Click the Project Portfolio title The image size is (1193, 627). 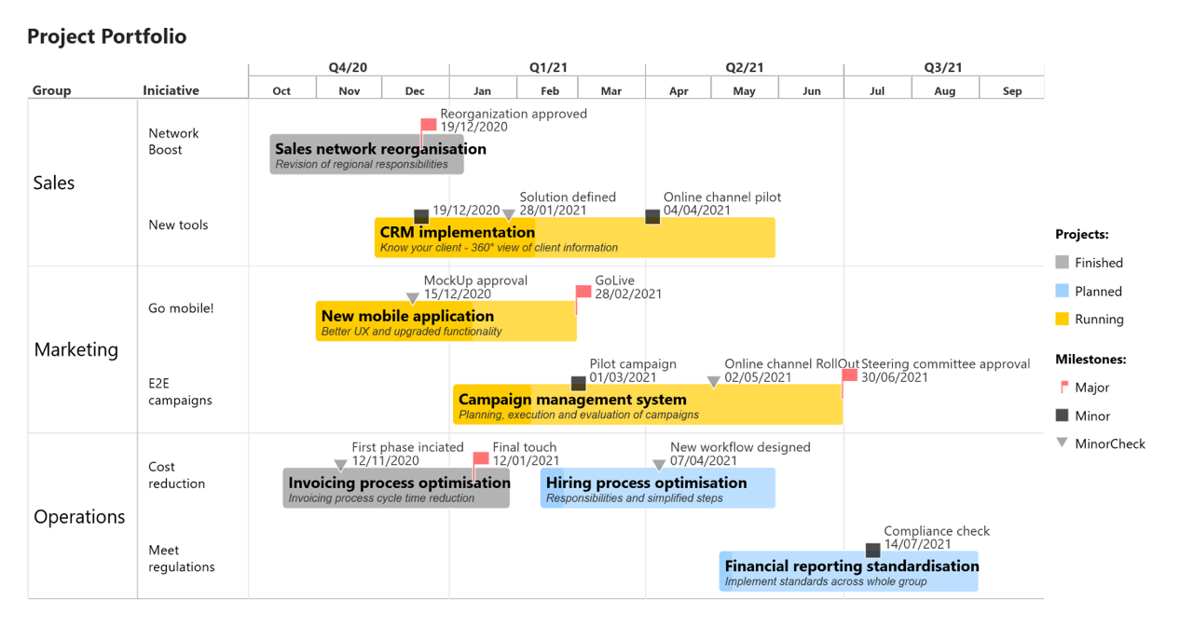click(x=106, y=36)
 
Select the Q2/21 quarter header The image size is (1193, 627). click(x=744, y=67)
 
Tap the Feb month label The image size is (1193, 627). click(x=550, y=90)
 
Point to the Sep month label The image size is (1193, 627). click(x=1012, y=90)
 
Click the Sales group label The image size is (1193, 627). click(x=54, y=183)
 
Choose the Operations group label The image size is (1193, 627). click(x=79, y=517)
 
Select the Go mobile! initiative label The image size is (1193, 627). click(x=181, y=308)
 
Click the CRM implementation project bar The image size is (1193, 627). click(x=575, y=238)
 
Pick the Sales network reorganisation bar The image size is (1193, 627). click(x=366, y=155)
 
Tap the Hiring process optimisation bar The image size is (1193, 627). click(x=658, y=488)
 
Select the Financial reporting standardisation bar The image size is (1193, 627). click(x=849, y=571)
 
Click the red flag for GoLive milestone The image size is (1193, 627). click(x=583, y=293)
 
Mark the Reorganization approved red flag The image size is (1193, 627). click(x=428, y=126)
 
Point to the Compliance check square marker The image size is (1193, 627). click(x=872, y=551)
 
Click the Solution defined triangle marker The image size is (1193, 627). click(x=508, y=216)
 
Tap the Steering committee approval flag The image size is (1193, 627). click(x=849, y=376)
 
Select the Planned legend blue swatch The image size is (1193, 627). click(x=1062, y=291)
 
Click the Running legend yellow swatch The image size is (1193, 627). click(x=1062, y=319)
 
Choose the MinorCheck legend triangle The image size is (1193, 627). click(x=1062, y=443)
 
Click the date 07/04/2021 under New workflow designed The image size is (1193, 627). click(x=704, y=460)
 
